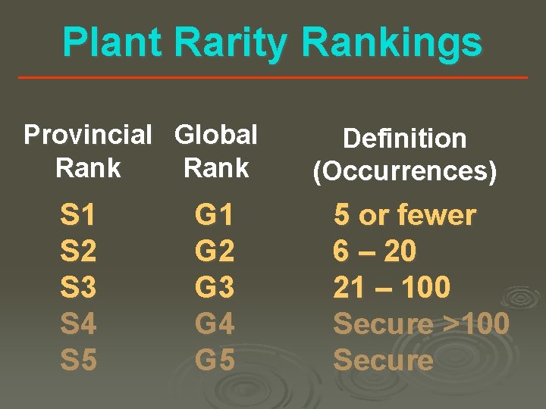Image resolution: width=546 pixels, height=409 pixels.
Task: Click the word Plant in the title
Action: coord(113,43)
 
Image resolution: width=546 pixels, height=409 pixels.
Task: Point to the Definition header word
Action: coord(404,139)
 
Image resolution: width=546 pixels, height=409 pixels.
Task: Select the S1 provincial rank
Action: coord(78,216)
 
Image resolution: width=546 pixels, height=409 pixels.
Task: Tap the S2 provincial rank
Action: coord(78,252)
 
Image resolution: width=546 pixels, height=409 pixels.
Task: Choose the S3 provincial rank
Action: coord(78,288)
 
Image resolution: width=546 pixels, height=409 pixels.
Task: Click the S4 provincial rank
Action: coord(78,324)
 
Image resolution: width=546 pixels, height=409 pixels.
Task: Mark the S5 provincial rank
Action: coord(78,361)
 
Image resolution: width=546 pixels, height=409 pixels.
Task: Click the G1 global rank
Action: coord(214,216)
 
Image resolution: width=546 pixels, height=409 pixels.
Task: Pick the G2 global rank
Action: coord(214,252)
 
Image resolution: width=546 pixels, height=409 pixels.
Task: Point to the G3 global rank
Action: coord(214,288)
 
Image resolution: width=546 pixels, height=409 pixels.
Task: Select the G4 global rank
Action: coord(214,324)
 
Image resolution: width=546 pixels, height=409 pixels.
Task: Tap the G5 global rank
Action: coord(214,361)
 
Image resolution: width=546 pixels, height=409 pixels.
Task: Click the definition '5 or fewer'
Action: coord(405,216)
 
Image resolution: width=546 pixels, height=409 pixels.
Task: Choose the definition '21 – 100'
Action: coord(391,288)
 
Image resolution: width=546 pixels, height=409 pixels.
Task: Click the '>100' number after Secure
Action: coord(476,324)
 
